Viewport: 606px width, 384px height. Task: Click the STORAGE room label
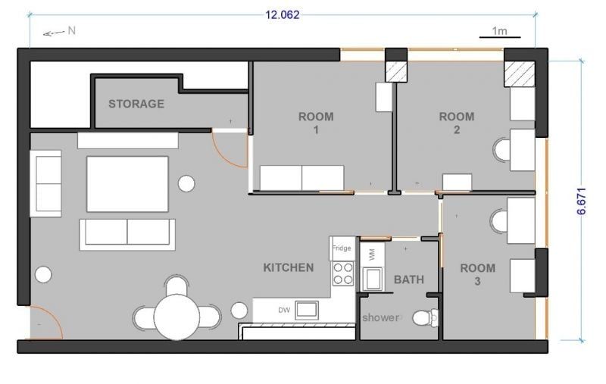pos(136,104)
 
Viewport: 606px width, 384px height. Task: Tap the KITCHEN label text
pos(289,267)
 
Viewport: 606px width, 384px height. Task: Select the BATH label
pos(409,279)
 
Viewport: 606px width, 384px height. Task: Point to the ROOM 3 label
pos(478,274)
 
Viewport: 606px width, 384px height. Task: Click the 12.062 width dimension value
pos(282,14)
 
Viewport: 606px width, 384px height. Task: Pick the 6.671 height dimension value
pos(581,201)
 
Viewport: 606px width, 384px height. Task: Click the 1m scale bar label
pos(499,30)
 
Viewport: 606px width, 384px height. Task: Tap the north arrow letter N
pos(71,30)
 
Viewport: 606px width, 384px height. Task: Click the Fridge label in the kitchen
pos(342,248)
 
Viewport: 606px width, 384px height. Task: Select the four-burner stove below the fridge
pos(343,273)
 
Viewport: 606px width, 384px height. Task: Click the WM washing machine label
pos(372,254)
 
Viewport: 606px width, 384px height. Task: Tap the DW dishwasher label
pos(284,310)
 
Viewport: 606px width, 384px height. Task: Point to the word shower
pos(381,317)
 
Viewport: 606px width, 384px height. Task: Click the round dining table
pos(176,317)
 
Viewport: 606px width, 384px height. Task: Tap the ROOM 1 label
pos(316,123)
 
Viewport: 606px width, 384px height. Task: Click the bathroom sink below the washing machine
pos(373,279)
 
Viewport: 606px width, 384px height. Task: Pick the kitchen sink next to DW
pos(307,311)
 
